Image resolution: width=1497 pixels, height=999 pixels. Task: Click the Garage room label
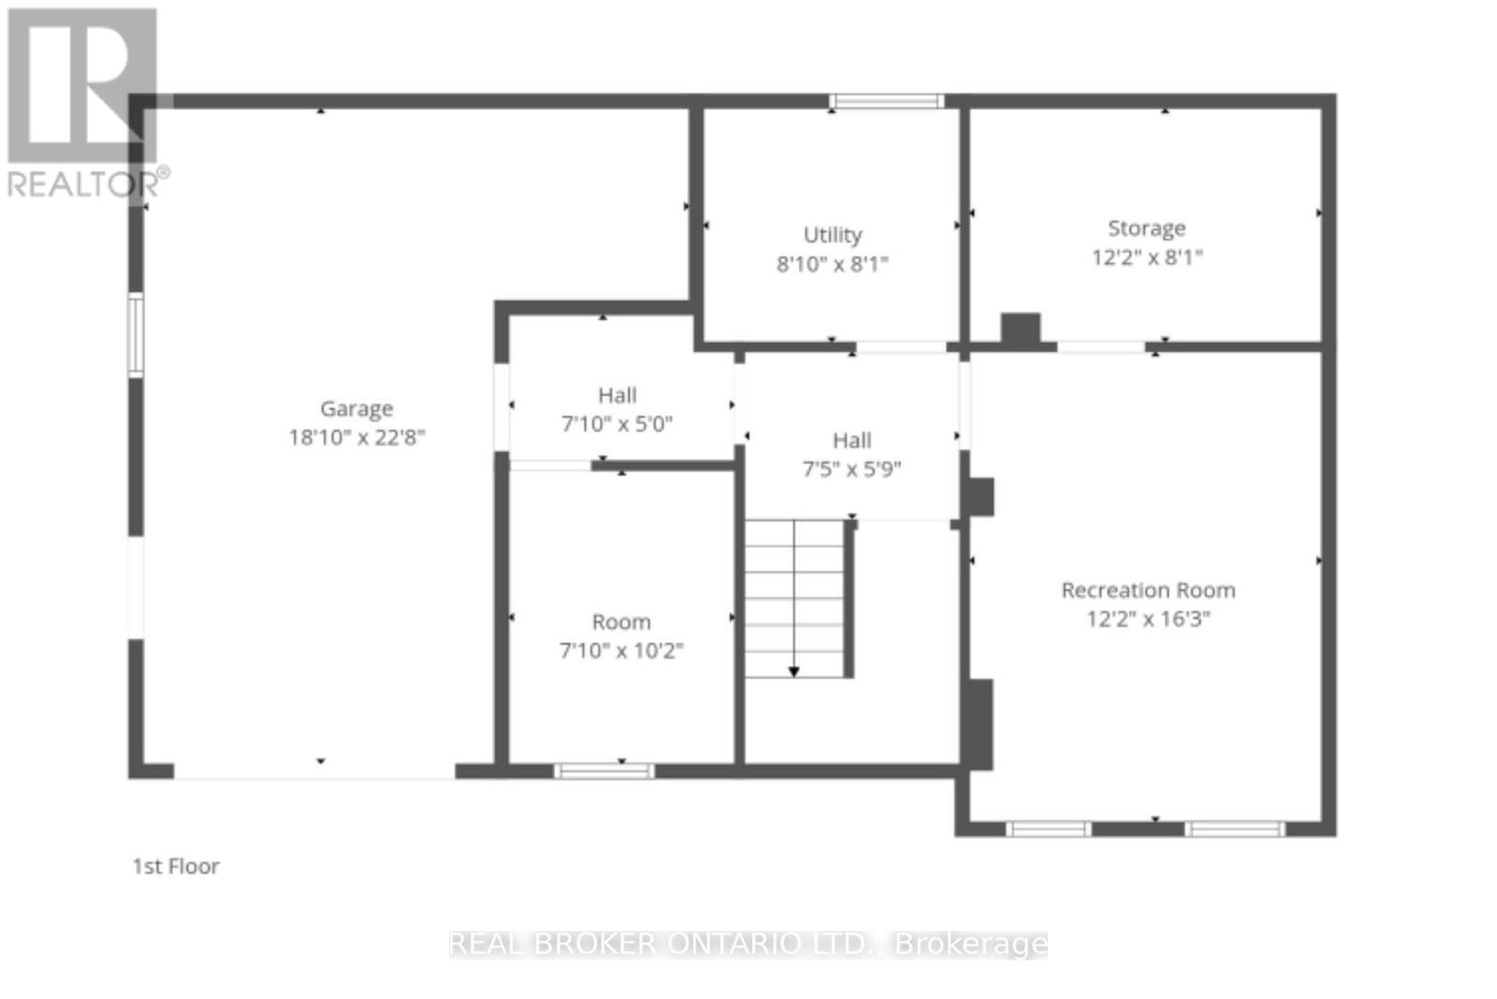[x=356, y=409]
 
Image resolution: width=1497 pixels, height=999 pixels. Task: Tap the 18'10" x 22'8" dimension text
[x=356, y=437]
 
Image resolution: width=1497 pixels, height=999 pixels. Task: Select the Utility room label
[x=833, y=235]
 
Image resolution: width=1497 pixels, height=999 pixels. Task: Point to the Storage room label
[x=1146, y=228]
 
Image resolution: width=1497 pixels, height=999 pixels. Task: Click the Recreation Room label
[x=1148, y=591]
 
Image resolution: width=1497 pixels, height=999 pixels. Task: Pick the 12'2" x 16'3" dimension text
[x=1148, y=619]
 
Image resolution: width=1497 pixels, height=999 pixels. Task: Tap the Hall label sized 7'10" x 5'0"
[x=618, y=396]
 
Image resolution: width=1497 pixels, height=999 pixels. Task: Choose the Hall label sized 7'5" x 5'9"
[x=851, y=441]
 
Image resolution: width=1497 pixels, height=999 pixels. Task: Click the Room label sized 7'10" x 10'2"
[x=621, y=623]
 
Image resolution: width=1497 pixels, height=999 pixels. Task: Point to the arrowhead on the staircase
[x=793, y=671]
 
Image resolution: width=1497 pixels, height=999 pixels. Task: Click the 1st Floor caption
[x=176, y=866]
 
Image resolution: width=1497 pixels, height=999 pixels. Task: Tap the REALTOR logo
[x=84, y=103]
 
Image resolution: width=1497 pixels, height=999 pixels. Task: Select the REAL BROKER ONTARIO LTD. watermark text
[x=748, y=944]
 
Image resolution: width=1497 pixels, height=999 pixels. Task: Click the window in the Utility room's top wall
[x=886, y=101]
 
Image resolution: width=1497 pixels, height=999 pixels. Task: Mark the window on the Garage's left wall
[x=136, y=335]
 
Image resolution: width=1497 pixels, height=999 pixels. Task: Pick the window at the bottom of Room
[x=604, y=771]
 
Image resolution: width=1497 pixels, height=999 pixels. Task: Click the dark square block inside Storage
[x=1021, y=329]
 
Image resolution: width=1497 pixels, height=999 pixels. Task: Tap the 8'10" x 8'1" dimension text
[x=833, y=264]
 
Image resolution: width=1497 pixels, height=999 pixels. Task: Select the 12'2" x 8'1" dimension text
[x=1146, y=257]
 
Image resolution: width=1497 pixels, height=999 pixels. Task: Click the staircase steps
[x=795, y=599]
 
